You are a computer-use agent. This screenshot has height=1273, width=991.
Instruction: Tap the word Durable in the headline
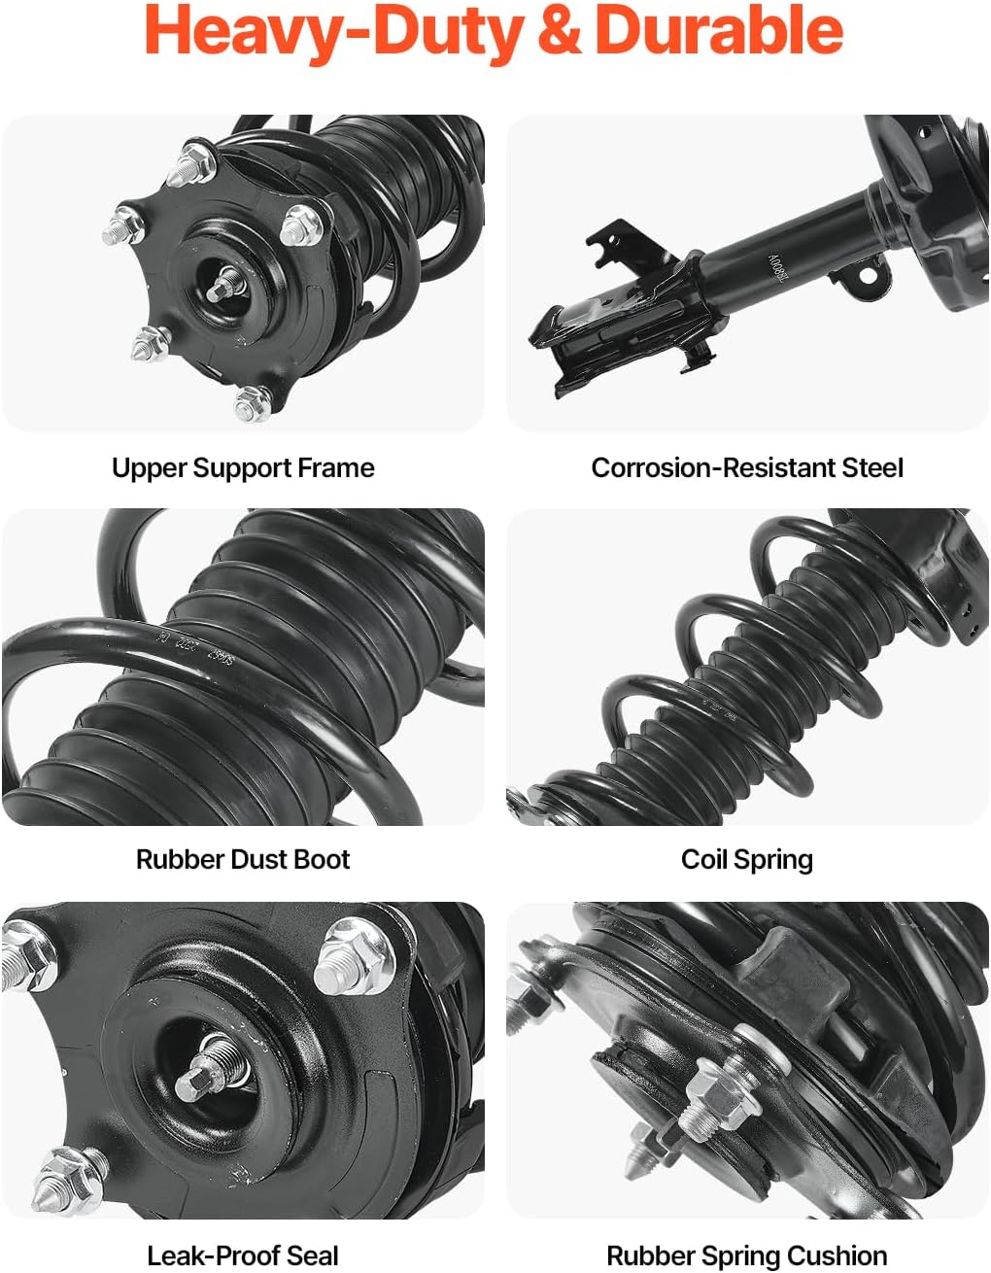pyautogui.click(x=718, y=31)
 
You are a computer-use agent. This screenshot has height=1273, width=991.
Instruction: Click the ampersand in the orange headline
pyautogui.click(x=558, y=31)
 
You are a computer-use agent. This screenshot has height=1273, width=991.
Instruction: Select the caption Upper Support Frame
pyautogui.click(x=243, y=468)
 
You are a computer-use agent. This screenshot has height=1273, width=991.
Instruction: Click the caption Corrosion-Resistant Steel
pyautogui.click(x=747, y=468)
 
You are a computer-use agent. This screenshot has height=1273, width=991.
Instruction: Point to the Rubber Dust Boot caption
pyautogui.click(x=243, y=860)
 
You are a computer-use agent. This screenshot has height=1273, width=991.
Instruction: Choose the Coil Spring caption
pyautogui.click(x=747, y=860)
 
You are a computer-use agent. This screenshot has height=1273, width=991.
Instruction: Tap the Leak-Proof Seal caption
pyautogui.click(x=243, y=1256)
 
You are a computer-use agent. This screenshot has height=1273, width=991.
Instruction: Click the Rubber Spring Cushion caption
pyautogui.click(x=747, y=1256)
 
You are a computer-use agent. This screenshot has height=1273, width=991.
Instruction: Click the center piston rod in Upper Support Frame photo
pyautogui.click(x=226, y=283)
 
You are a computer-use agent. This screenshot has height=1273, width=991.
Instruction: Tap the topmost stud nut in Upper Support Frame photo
pyautogui.click(x=191, y=163)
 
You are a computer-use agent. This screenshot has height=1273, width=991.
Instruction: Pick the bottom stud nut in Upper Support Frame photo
pyautogui.click(x=252, y=402)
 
